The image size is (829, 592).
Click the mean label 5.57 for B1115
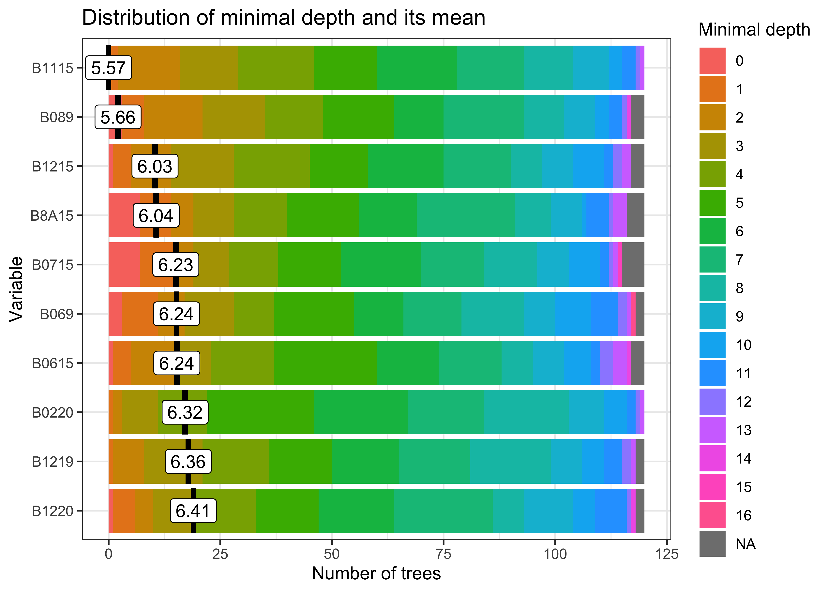click(108, 68)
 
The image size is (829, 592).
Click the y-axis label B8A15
click(52, 216)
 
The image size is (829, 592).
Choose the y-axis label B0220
click(53, 413)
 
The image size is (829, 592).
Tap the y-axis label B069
click(56, 314)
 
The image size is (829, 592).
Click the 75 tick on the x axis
click(443, 554)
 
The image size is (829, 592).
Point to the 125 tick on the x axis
click(667, 554)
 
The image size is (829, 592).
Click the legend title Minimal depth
click(754, 30)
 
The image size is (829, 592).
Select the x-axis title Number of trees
click(376, 573)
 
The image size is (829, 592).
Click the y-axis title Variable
click(16, 289)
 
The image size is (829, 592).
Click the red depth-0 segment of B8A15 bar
click(124, 215)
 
